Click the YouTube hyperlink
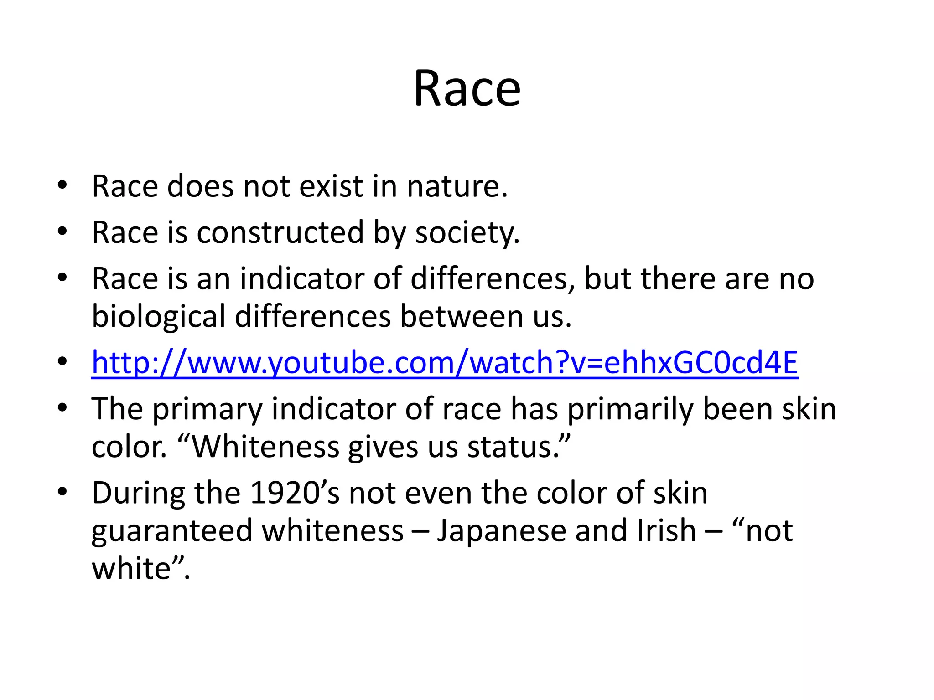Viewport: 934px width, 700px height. coord(445,362)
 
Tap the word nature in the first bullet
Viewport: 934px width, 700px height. coord(457,186)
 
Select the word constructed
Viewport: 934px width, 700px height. coord(280,232)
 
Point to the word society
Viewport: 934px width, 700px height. coord(467,233)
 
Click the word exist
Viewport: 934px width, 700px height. coord(331,186)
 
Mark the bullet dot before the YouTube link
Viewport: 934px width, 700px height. coord(62,362)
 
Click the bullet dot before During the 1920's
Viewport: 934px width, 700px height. coord(62,492)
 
